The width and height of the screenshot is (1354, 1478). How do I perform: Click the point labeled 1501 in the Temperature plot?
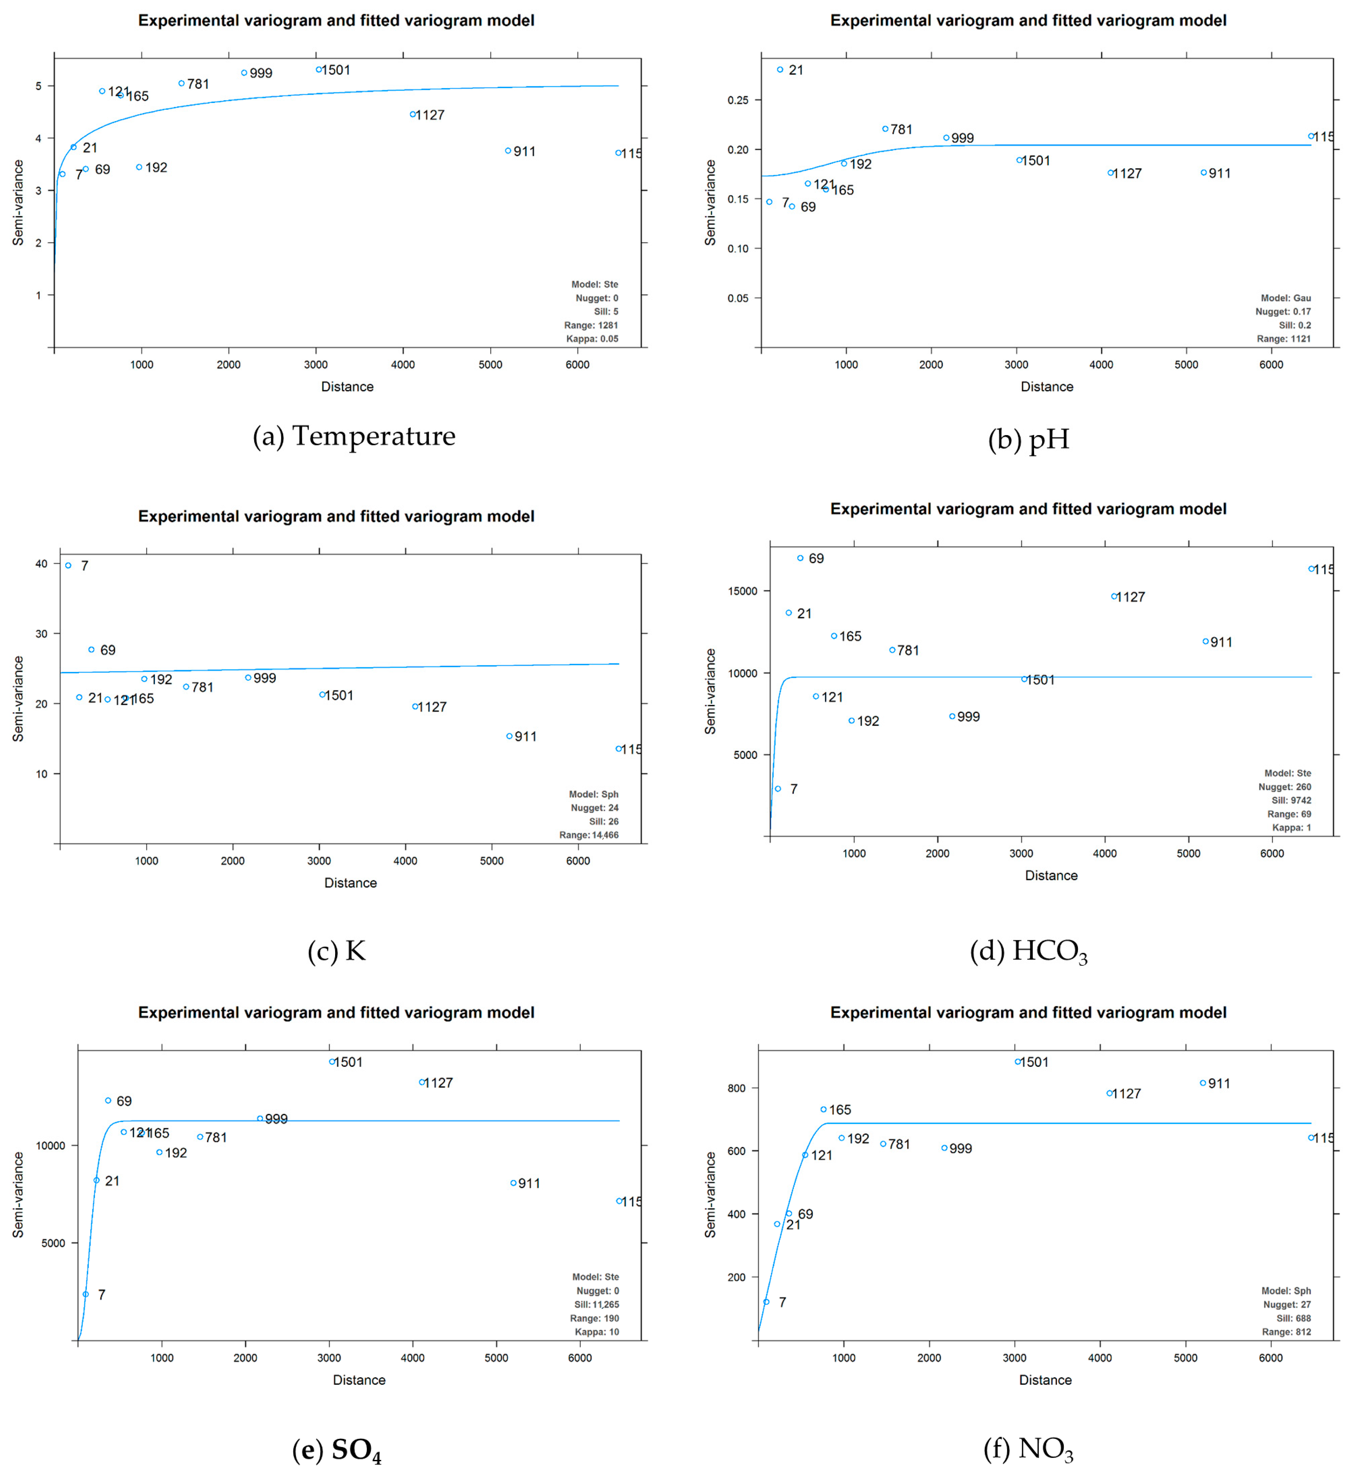pos(318,70)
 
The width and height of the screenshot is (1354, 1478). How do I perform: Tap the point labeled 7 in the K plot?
pos(68,565)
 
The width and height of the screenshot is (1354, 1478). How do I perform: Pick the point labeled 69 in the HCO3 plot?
pos(800,558)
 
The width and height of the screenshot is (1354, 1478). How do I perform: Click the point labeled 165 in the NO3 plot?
pos(823,1109)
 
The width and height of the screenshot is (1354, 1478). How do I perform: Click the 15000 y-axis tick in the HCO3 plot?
pos(742,591)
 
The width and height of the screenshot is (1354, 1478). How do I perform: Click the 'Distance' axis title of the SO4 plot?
pos(359,1380)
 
